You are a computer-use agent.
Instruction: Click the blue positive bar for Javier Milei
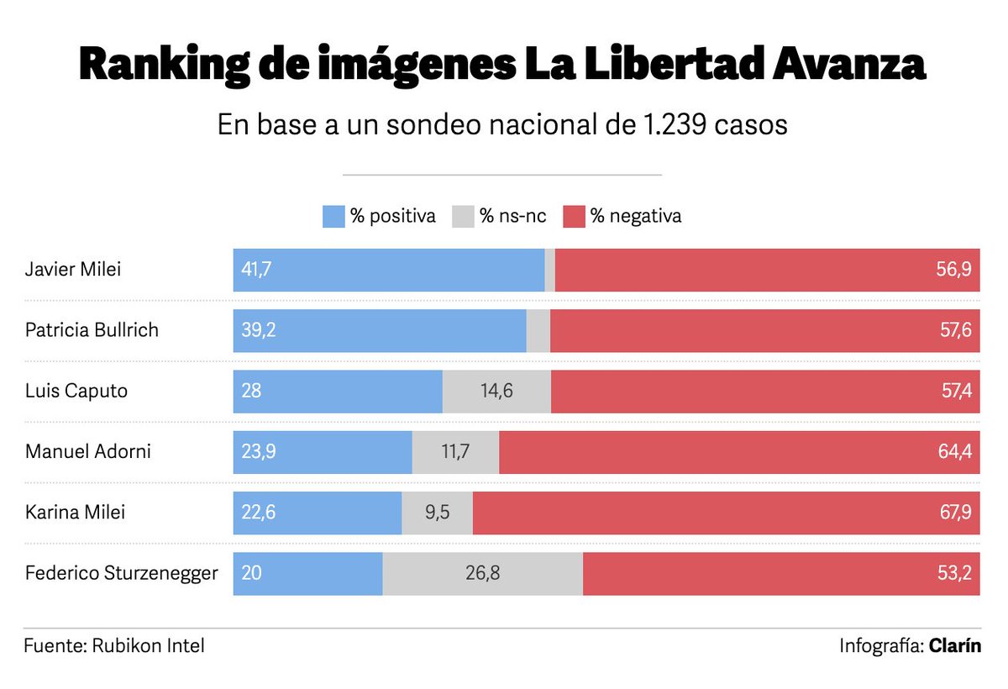(388, 270)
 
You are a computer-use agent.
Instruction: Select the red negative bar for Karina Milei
(726, 512)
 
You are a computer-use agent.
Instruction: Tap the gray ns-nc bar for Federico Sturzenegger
(482, 573)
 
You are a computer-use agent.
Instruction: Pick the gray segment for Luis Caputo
(496, 391)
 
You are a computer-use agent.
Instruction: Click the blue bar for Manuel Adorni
(323, 451)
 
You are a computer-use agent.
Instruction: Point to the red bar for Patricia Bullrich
(764, 330)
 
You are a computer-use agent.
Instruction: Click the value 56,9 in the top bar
(955, 270)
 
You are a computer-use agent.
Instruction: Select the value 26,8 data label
(482, 573)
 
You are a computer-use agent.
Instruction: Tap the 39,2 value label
(259, 330)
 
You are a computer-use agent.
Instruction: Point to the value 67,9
(955, 512)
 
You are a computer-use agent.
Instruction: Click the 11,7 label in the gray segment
(455, 451)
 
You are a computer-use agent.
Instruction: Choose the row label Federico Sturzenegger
(122, 573)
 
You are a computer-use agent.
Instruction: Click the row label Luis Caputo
(76, 391)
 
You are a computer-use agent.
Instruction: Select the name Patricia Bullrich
(92, 330)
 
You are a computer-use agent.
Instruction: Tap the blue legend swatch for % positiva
(334, 216)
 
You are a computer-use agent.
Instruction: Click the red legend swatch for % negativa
(573, 216)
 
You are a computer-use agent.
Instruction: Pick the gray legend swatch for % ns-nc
(464, 216)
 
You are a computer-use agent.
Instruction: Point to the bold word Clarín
(955, 646)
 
